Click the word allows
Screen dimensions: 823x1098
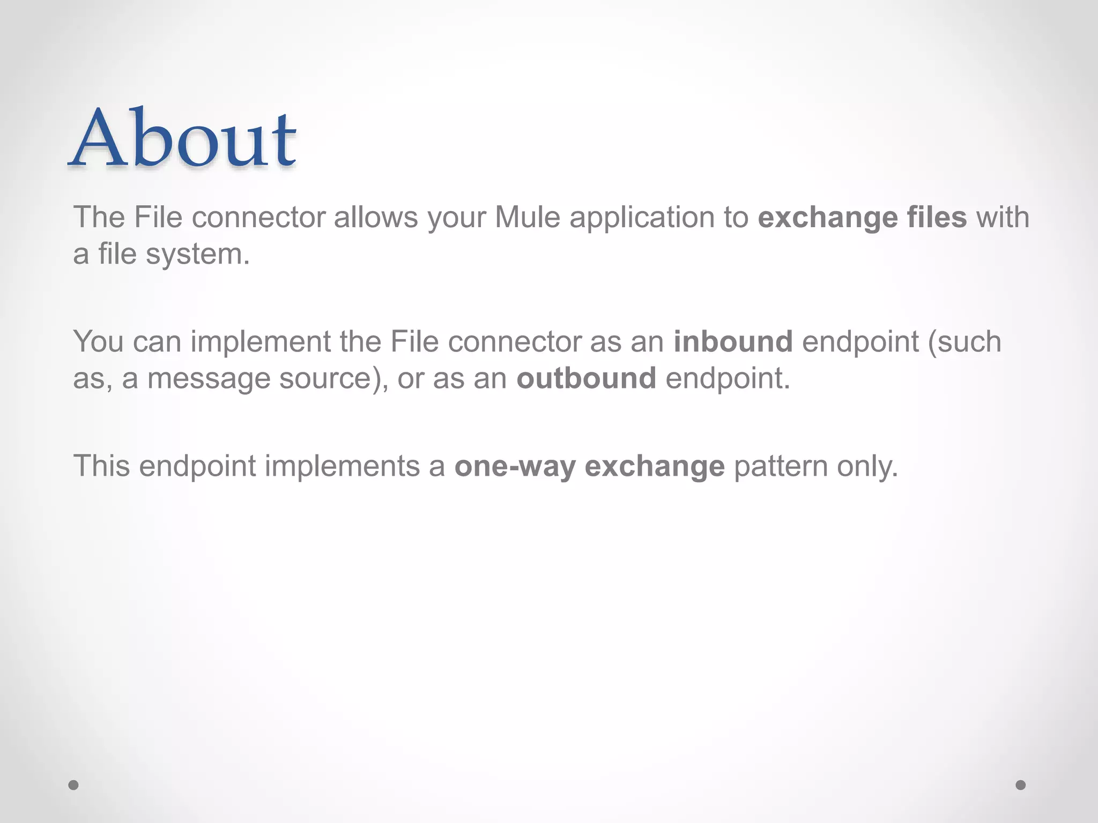376,218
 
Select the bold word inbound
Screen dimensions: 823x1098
733,342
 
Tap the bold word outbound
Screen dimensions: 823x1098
586,378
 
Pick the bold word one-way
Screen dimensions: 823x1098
515,467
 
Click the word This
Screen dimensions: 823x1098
101,466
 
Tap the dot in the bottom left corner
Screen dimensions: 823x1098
73,785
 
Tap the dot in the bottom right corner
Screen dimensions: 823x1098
1021,785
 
